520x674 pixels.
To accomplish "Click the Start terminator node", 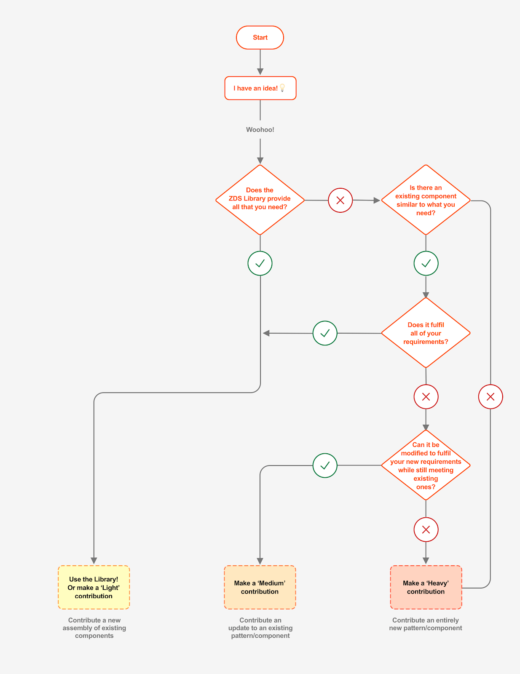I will tap(260, 37).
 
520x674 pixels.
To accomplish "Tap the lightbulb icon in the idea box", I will tap(282, 88).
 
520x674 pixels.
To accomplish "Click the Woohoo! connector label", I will tap(260, 130).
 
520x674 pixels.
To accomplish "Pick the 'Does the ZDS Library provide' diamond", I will tap(260, 200).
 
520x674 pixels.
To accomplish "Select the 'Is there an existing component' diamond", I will tap(426, 200).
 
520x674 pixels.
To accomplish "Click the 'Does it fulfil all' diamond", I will tap(426, 333).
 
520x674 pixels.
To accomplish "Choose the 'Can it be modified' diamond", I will tap(426, 465).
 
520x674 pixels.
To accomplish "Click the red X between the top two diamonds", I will tap(340, 200).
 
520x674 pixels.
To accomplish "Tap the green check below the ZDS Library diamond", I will tap(260, 263).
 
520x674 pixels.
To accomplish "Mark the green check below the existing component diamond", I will tap(426, 263).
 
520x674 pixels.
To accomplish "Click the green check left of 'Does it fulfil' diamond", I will tap(325, 333).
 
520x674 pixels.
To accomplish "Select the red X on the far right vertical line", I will tap(491, 396).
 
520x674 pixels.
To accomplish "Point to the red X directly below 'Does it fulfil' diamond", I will tap(426, 396).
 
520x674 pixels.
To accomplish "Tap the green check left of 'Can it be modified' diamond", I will tap(325, 465).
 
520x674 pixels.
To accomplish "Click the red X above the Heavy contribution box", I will tap(426, 530).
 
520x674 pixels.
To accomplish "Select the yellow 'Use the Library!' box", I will tap(94, 587).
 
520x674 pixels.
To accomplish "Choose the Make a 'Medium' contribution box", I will tap(260, 587).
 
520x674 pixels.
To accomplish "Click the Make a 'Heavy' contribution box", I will tap(426, 587).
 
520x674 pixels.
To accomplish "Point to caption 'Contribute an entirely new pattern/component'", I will tap(426, 624).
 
